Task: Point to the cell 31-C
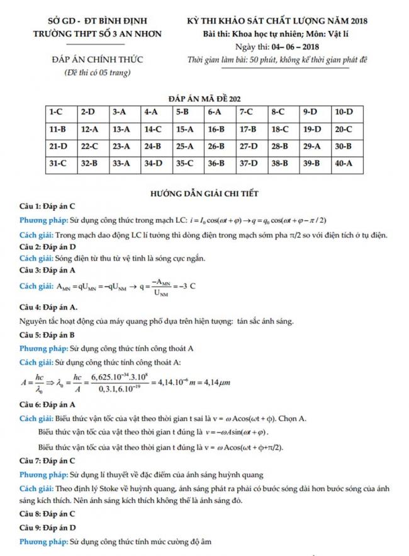point(57,163)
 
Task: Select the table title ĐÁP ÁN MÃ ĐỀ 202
point(205,98)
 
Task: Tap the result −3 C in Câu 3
point(187,286)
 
